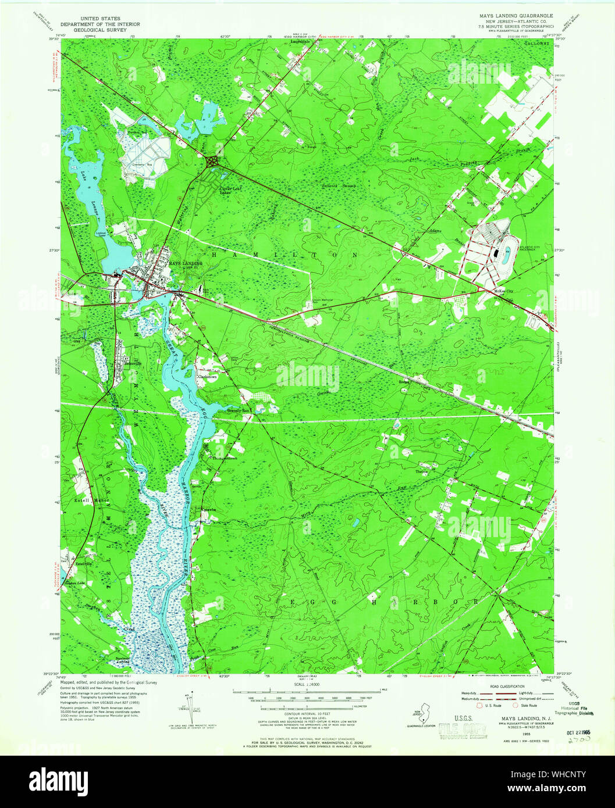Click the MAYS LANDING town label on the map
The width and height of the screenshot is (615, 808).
(185, 263)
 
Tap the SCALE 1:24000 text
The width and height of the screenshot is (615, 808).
(307, 685)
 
